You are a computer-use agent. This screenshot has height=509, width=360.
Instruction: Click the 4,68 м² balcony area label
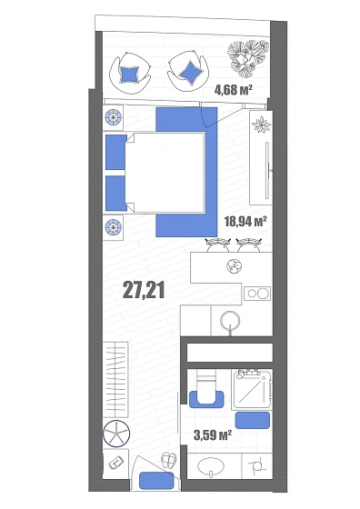234,89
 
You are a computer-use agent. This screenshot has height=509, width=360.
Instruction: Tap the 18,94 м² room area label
245,222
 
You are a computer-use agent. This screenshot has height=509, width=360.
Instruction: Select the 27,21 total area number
144,290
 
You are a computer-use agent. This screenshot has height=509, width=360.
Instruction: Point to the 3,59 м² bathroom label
213,434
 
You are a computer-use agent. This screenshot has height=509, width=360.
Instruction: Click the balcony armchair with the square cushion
130,73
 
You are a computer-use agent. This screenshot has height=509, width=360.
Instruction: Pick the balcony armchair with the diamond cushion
188,72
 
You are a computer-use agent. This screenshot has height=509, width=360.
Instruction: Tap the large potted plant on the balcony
248,58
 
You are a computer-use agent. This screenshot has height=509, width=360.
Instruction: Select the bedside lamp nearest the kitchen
114,226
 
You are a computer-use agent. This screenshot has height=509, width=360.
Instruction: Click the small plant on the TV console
261,125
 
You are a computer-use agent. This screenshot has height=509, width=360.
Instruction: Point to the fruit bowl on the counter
235,266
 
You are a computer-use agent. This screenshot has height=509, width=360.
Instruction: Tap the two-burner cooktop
257,294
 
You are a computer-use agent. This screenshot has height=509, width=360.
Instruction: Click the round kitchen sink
230,321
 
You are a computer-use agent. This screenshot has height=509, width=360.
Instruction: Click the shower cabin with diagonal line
252,389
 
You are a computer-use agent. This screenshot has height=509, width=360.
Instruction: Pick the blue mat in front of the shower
253,420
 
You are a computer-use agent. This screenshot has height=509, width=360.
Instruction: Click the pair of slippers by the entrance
169,460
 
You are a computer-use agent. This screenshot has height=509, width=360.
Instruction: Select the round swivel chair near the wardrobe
116,434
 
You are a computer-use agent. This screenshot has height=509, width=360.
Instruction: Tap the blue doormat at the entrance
156,481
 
